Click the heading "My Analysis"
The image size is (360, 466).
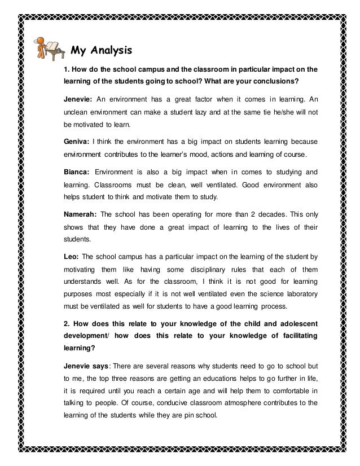coord(101,50)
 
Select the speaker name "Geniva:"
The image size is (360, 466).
coord(77,141)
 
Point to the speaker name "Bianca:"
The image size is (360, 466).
coord(77,170)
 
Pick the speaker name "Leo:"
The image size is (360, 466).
coord(72,258)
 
